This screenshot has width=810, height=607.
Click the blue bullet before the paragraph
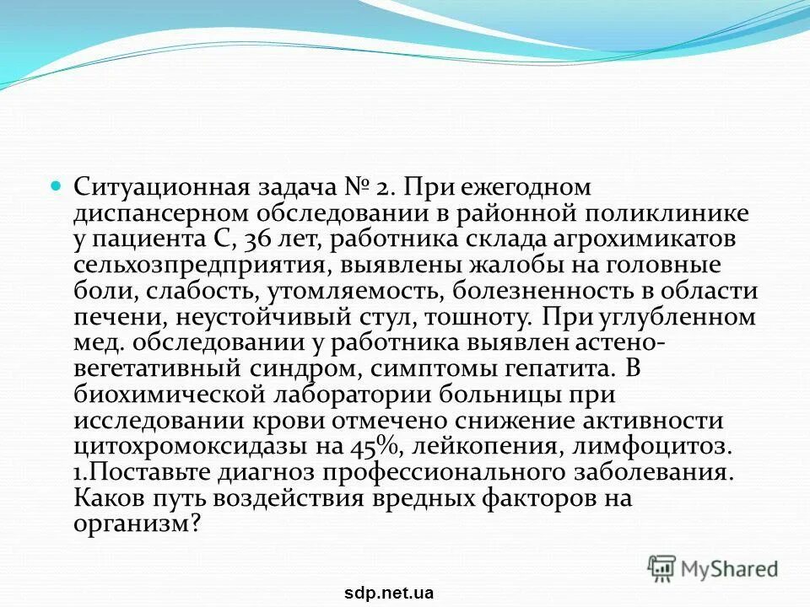coord(57,185)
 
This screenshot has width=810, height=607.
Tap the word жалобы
coord(500,266)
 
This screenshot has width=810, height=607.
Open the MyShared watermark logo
coord(714,569)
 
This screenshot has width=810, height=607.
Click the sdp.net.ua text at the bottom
coord(390,593)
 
